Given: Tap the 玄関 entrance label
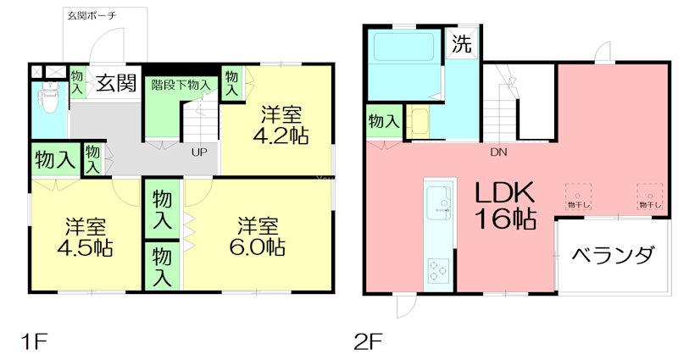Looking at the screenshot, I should pyautogui.click(x=115, y=82).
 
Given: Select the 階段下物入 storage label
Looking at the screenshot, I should pyautogui.click(x=181, y=84).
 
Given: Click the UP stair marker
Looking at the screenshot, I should pyautogui.click(x=199, y=152).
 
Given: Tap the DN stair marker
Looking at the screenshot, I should pyautogui.click(x=498, y=153).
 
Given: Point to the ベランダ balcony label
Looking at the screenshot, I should pyautogui.click(x=612, y=254).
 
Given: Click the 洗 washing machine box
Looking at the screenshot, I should pyautogui.click(x=461, y=44).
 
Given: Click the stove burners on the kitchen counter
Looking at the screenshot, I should pyautogui.click(x=440, y=272).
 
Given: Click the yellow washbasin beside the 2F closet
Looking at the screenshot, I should pyautogui.click(x=419, y=121).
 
